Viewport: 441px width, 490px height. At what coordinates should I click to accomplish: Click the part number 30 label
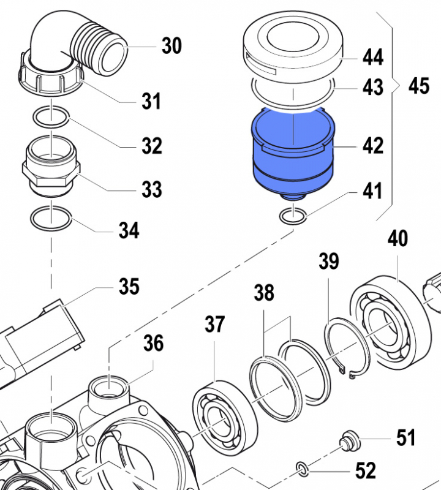(172, 45)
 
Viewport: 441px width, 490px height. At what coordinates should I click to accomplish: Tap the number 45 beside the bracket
(419, 86)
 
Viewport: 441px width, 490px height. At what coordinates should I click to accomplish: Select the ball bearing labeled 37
(220, 414)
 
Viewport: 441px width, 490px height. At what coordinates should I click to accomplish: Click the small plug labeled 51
(349, 440)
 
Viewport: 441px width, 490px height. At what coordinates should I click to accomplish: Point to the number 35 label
(129, 286)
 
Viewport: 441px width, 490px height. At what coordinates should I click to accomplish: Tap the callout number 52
(365, 470)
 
